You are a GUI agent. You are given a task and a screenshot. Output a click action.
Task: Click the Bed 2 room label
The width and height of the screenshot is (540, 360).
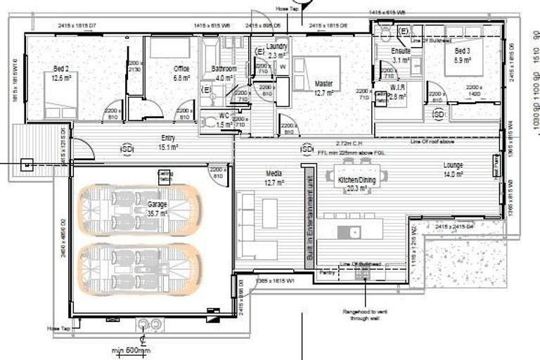coord(60,68)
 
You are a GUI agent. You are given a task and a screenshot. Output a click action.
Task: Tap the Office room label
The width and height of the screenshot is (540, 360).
coord(181,69)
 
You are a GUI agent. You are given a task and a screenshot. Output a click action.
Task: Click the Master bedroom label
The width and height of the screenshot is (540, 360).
coord(323,84)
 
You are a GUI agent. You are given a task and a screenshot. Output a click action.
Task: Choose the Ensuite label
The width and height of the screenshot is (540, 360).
coord(401,51)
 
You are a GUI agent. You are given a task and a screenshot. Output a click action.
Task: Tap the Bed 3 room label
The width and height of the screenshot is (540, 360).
coord(462,51)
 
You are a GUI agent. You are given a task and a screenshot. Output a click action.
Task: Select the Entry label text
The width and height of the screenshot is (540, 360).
coord(168,138)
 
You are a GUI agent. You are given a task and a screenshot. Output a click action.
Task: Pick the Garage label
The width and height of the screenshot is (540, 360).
coord(157,204)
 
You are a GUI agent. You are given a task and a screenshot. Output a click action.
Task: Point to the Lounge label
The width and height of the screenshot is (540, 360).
coord(453,165)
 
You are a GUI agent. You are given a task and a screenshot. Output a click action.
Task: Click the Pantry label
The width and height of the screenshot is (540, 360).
coord(325,271)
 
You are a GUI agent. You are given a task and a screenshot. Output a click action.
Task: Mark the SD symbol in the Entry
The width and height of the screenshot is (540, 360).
coord(127,149)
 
